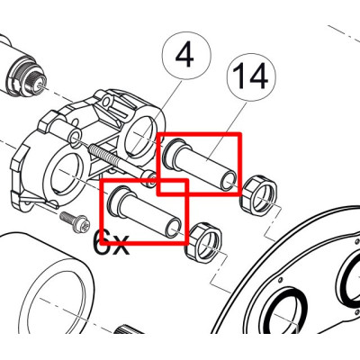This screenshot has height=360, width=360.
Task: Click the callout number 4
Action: (x=184, y=58)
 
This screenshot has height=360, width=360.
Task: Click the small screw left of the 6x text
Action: (x=73, y=218)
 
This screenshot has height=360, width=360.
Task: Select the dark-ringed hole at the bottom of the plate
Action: (x=286, y=315)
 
